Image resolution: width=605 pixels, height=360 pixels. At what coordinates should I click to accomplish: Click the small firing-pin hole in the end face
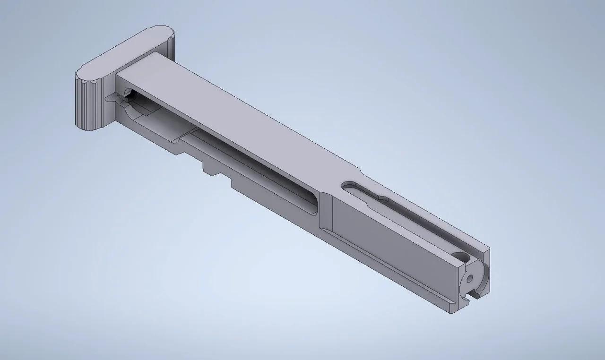(x=469, y=278)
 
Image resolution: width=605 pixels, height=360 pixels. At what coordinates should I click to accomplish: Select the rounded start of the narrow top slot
(x=349, y=185)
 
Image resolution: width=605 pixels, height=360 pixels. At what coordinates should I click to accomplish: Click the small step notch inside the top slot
(x=381, y=196)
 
